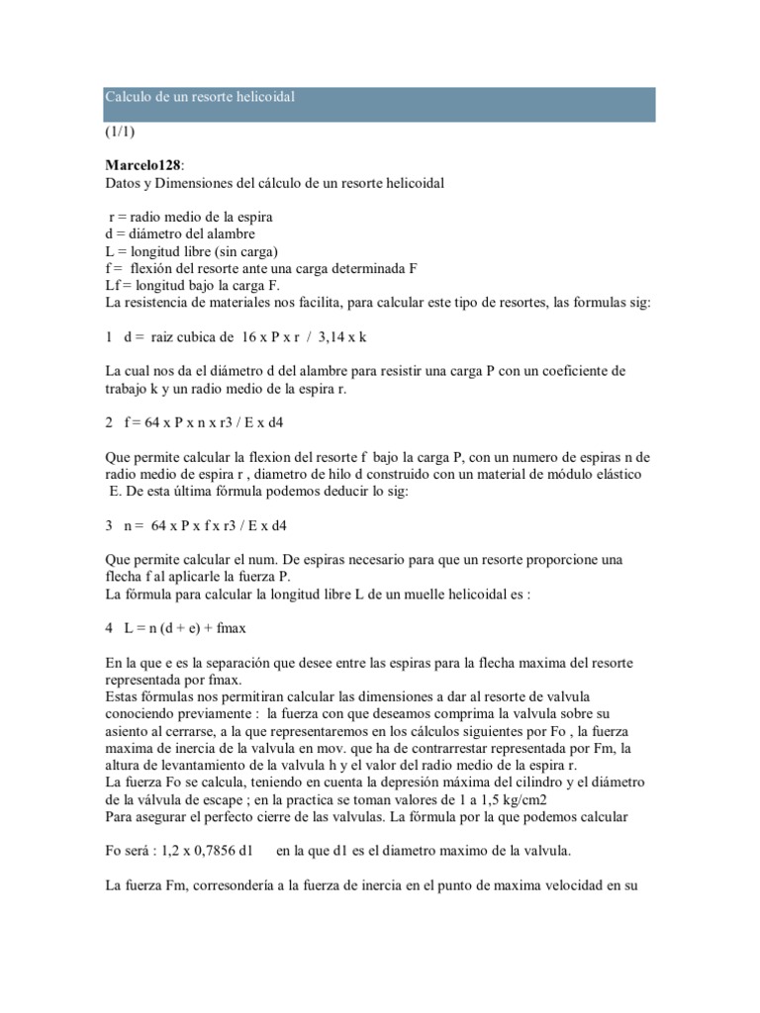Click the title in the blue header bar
click(x=201, y=97)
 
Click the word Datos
click(x=124, y=183)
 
